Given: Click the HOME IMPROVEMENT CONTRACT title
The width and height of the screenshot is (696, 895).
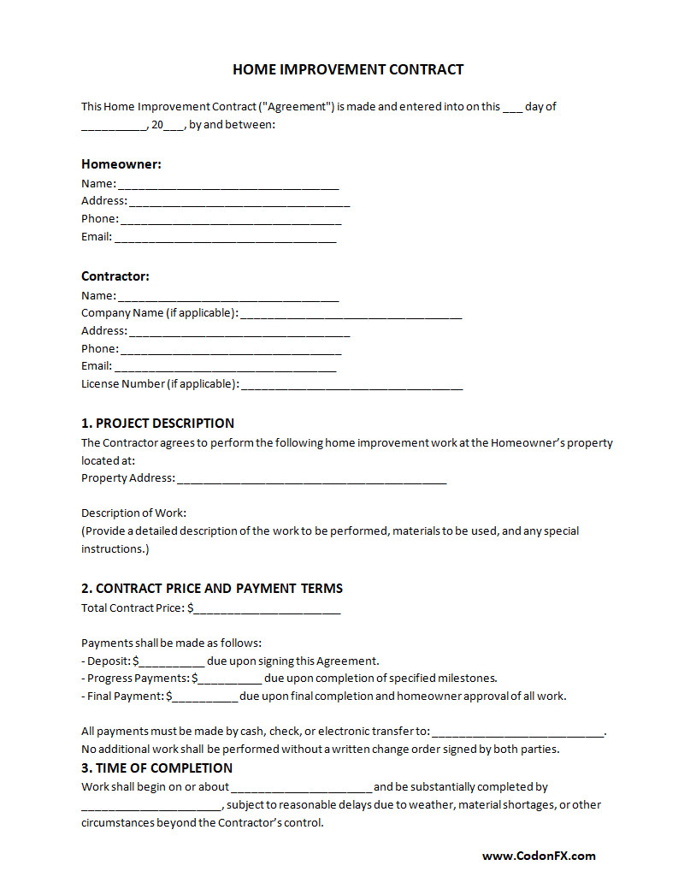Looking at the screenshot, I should [x=348, y=69].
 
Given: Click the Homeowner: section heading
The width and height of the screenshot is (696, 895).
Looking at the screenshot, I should [x=121, y=163].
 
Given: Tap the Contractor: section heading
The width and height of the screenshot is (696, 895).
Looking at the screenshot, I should [x=115, y=276].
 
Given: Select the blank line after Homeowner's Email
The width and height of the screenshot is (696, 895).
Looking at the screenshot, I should [x=225, y=238].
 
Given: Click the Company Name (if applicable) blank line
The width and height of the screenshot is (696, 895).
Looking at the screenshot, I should [x=351, y=314].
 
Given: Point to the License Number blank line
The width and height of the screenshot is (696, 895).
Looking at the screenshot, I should [x=352, y=385].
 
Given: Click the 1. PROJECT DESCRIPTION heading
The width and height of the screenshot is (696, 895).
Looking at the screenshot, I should [x=157, y=423].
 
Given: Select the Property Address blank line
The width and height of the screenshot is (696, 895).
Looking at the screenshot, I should [x=312, y=479].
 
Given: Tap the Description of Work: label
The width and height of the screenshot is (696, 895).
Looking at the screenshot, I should [x=133, y=513].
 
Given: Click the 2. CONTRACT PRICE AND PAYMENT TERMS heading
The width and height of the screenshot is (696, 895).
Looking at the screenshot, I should [x=212, y=588].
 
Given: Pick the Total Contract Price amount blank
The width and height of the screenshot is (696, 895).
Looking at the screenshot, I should [x=267, y=609].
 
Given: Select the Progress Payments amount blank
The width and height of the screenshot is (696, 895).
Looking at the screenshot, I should [x=229, y=679].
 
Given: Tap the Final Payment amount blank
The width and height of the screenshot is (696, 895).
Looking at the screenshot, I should [x=205, y=697].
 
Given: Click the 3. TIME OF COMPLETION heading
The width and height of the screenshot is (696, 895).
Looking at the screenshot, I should [x=157, y=768].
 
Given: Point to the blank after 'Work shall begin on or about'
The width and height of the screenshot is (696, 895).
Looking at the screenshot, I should [x=301, y=788].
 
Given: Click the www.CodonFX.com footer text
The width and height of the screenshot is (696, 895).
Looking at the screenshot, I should [x=539, y=855].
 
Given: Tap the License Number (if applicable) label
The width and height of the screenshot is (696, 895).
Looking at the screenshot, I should [x=160, y=383].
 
